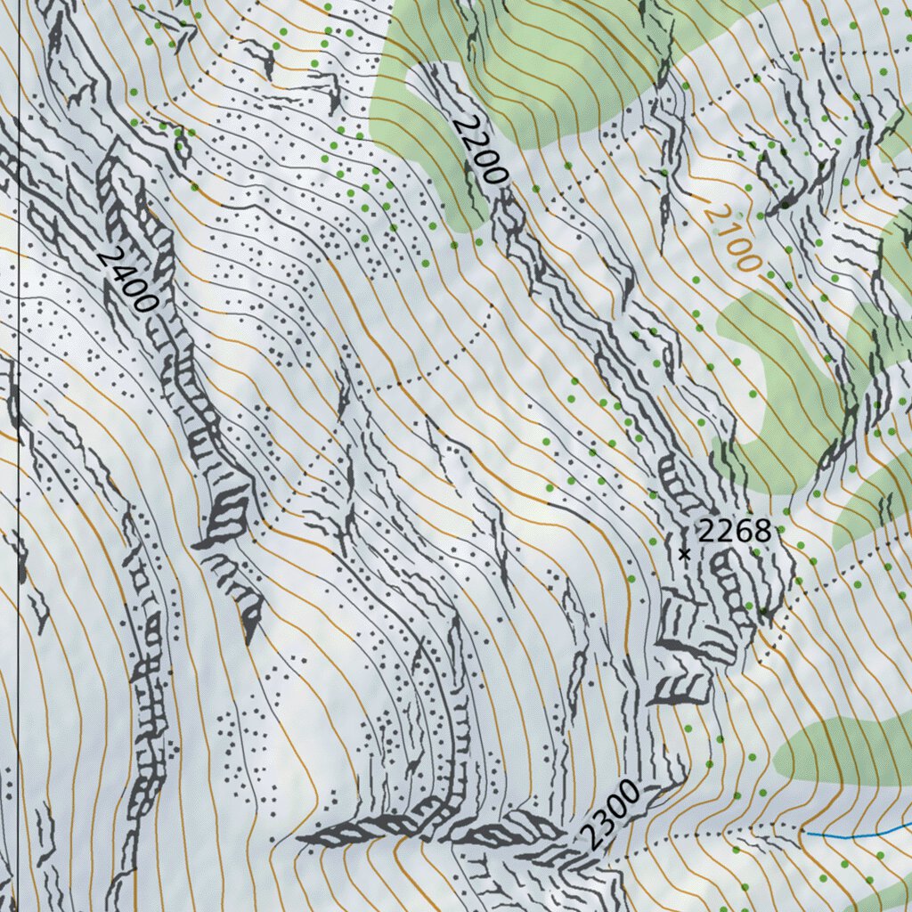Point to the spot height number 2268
click(733, 532)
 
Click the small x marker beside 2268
click(684, 554)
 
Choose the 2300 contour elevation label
click(610, 814)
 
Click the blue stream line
click(855, 835)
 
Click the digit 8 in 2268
click(761, 532)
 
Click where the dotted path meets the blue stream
click(806, 834)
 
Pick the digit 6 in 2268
click(743, 532)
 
